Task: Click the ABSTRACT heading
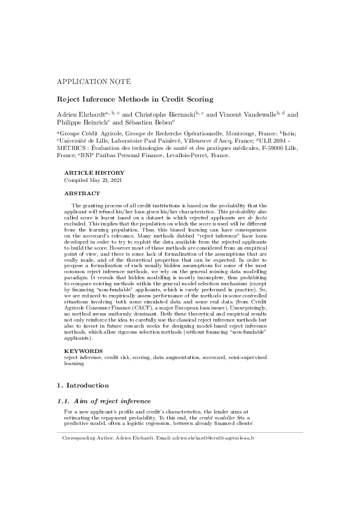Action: pos(82,193)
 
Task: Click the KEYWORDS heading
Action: pos(84,351)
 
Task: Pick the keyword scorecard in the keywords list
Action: pos(208,357)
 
